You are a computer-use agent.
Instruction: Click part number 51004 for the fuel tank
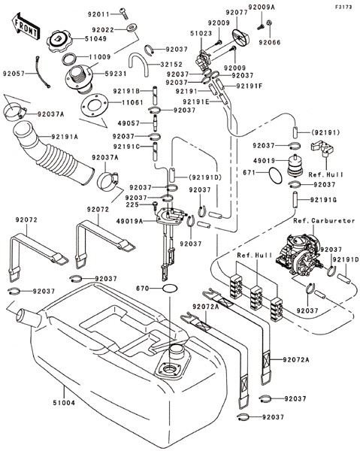coord(64,403)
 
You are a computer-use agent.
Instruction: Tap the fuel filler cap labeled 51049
coord(59,41)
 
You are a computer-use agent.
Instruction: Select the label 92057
coord(14,74)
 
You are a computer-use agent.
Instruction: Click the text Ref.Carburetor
coord(324,220)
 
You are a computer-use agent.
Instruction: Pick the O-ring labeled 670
coord(170,288)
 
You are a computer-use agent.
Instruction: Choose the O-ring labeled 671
coord(276,176)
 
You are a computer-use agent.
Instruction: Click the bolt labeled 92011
coord(124,14)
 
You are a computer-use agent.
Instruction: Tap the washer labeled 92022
coord(132,28)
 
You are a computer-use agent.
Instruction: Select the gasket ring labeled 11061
coord(94,105)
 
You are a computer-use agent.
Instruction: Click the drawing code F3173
coord(343,7)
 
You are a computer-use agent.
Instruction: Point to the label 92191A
coord(65,137)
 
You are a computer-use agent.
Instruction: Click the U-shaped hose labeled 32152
coord(139,64)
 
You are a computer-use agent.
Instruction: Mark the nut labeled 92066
coord(269,23)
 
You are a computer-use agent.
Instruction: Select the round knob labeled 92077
coord(241,37)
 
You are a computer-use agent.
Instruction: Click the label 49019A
coord(130,221)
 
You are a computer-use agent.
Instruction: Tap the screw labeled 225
coord(155,205)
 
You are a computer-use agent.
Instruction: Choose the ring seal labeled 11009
coord(70,59)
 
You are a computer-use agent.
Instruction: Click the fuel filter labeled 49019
coord(295,165)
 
